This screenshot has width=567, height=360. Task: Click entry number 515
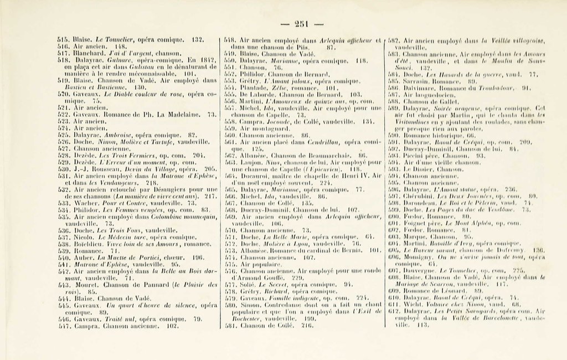point(63,40)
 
